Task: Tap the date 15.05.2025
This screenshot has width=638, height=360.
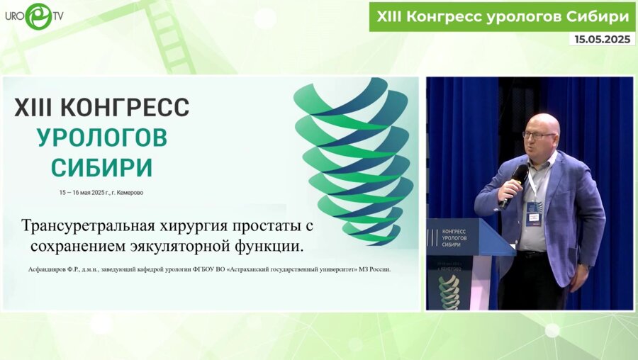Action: (602, 40)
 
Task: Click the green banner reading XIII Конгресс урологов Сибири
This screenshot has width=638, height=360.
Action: (501, 16)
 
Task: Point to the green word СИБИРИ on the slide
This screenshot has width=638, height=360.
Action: (102, 167)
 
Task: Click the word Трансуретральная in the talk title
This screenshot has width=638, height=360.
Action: (77, 227)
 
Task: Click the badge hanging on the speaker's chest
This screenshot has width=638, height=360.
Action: (533, 213)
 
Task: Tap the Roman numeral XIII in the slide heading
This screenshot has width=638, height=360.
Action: (32, 108)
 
